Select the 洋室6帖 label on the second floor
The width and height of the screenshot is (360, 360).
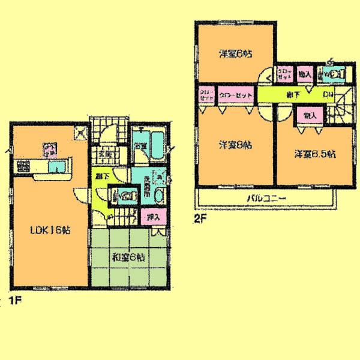235,53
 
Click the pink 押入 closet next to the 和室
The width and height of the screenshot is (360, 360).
152,217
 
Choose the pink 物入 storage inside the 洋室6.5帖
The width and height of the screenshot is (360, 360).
310,114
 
